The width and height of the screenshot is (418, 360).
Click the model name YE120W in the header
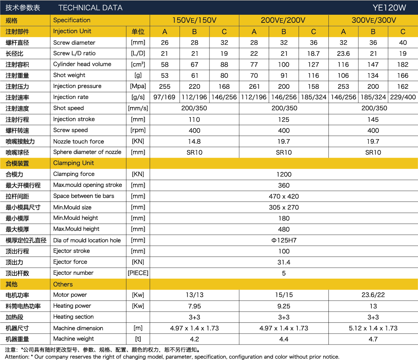[389, 8]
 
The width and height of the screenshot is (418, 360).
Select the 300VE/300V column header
[373, 21]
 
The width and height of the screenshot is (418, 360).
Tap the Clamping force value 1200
[284, 174]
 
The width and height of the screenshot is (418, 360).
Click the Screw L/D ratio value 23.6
[343, 53]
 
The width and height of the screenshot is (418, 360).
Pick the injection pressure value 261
[254, 86]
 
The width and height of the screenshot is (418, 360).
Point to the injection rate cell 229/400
[403, 97]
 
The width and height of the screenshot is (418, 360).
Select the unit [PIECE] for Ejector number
[138, 273]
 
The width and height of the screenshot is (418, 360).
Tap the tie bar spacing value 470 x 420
[284, 196]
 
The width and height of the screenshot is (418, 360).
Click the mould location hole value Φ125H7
[284, 240]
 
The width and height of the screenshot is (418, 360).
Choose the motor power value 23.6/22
[373, 295]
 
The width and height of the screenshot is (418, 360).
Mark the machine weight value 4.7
[373, 339]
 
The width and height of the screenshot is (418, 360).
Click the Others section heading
[63, 284]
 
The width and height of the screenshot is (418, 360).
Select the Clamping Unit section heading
[73, 163]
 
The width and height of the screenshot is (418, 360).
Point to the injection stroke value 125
[284, 119]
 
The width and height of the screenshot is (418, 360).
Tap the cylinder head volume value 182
[403, 64]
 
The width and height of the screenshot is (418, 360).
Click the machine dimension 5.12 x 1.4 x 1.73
[373, 328]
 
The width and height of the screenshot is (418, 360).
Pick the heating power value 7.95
[194, 306]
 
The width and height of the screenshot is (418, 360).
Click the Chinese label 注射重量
[17, 76]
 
